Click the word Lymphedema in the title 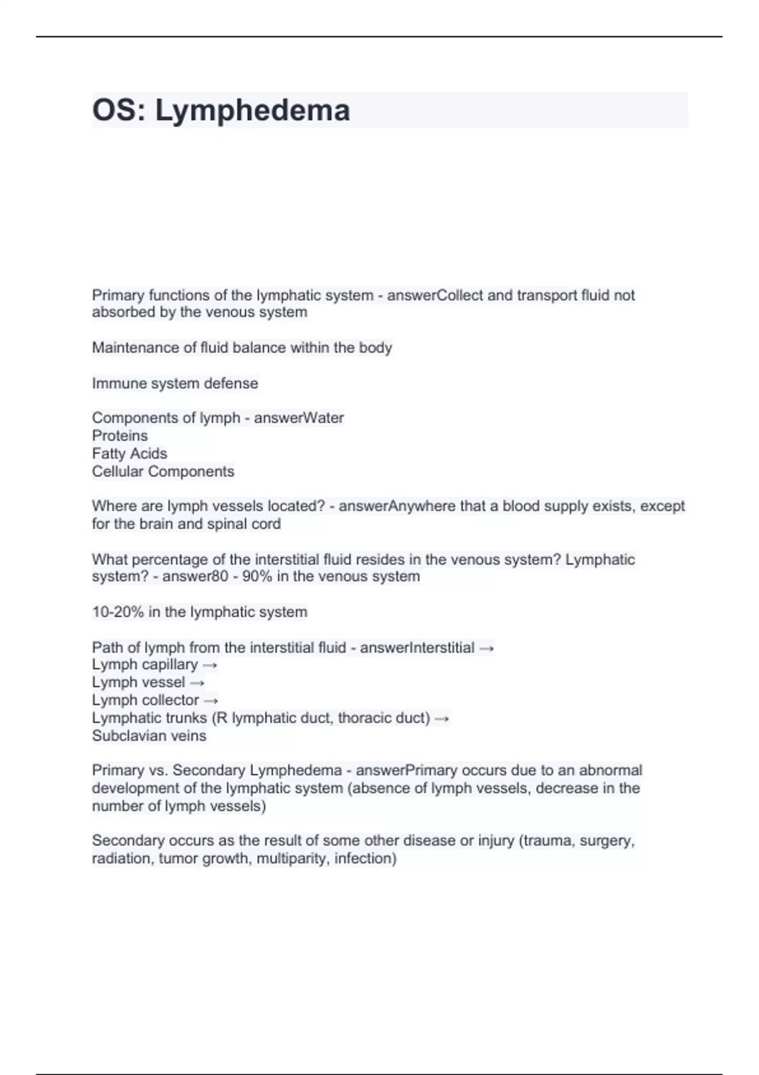(x=252, y=111)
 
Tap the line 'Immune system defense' (x=175, y=383)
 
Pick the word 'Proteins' (x=120, y=436)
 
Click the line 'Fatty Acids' (x=129, y=453)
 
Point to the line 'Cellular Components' (x=163, y=472)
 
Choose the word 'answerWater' (x=299, y=418)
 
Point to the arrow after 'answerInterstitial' (x=486, y=648)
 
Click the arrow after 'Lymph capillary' (x=210, y=665)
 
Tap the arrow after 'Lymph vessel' (x=197, y=683)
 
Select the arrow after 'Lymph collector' (x=211, y=701)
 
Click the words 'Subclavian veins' (x=149, y=736)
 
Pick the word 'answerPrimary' (x=406, y=770)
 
